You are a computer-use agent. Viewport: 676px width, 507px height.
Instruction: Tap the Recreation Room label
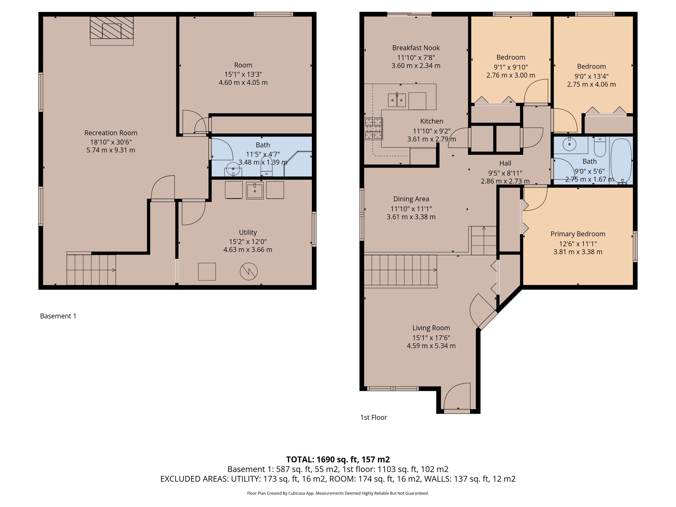pyautogui.click(x=111, y=133)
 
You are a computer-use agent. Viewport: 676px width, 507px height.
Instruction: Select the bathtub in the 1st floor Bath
pyautogui.click(x=621, y=160)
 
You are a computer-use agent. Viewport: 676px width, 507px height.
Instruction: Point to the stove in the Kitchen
pyautogui.click(x=373, y=129)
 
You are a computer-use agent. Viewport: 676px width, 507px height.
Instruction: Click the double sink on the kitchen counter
pyautogui.click(x=396, y=100)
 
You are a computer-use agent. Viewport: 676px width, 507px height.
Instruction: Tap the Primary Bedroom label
pyautogui.click(x=578, y=234)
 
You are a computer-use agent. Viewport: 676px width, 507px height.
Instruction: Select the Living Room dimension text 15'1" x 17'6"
pyautogui.click(x=431, y=338)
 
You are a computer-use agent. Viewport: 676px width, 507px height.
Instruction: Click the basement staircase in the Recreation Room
pyautogui.click(x=91, y=270)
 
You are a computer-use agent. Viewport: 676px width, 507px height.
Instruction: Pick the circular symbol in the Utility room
pyautogui.click(x=249, y=271)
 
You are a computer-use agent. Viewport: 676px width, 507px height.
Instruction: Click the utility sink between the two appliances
pyautogui.click(x=254, y=191)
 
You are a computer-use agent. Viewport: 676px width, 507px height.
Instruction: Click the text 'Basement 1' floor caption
pyautogui.click(x=58, y=316)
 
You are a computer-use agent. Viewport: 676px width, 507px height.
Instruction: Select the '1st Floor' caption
pyautogui.click(x=374, y=418)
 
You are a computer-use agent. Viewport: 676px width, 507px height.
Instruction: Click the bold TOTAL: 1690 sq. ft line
pyautogui.click(x=338, y=459)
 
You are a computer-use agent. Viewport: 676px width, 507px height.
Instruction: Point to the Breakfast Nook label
pyautogui.click(x=416, y=48)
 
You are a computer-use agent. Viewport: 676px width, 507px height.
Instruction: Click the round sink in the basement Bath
pyautogui.click(x=233, y=169)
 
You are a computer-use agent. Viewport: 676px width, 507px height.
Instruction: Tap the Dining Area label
pyautogui.click(x=411, y=199)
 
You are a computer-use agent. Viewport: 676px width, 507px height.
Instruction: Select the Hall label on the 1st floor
pyautogui.click(x=505, y=163)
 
